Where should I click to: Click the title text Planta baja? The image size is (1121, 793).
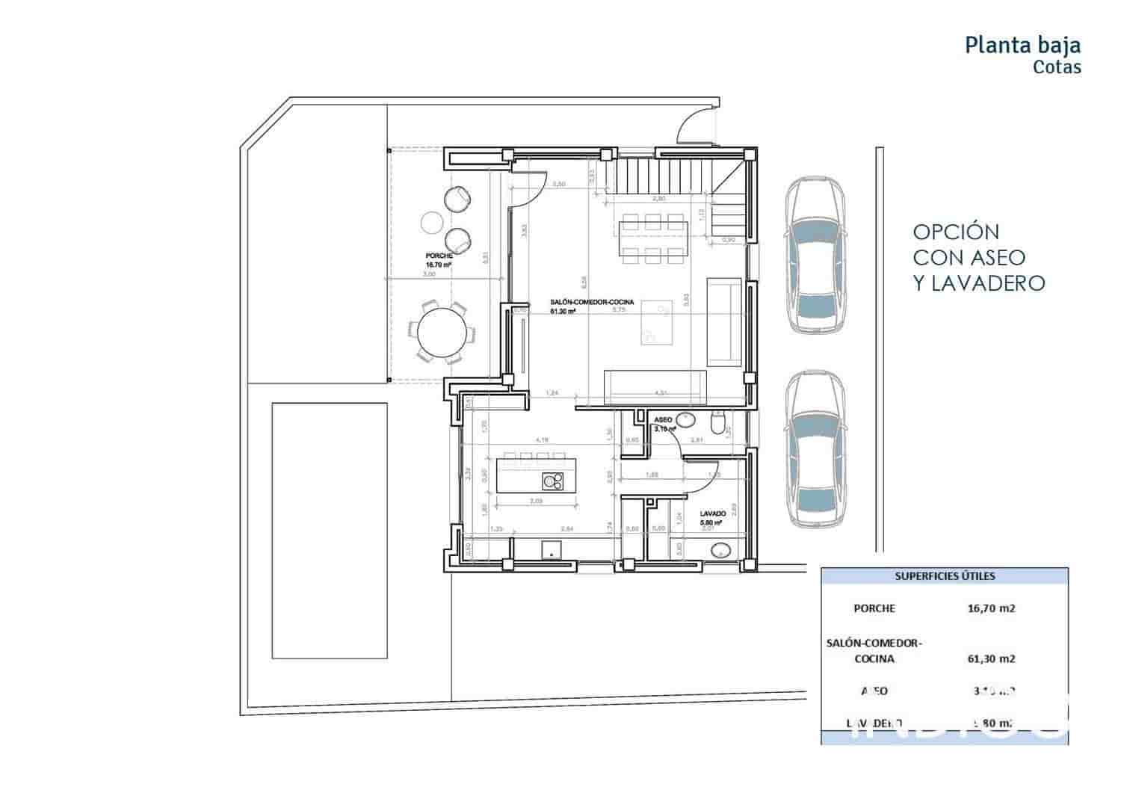tap(1022, 45)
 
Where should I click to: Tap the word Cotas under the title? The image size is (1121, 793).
tap(1057, 67)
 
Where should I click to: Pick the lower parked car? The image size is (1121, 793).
tap(818, 451)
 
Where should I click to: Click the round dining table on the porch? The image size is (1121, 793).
tap(441, 333)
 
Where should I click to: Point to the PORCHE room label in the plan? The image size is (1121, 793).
tap(439, 256)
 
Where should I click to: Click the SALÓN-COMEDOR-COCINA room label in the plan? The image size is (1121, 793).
tap(592, 302)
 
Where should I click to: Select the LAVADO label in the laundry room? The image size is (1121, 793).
tap(714, 514)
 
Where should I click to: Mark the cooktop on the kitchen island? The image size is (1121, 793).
tap(552, 481)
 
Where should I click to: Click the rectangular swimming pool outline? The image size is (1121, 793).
tap(330, 531)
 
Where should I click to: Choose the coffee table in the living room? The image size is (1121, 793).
tap(656, 322)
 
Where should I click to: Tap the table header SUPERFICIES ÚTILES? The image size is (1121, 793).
tap(945, 576)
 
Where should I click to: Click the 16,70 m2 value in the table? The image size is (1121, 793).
tap(991, 608)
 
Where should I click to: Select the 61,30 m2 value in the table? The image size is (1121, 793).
tap(991, 658)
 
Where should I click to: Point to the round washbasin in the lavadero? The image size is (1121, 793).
tap(722, 552)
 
